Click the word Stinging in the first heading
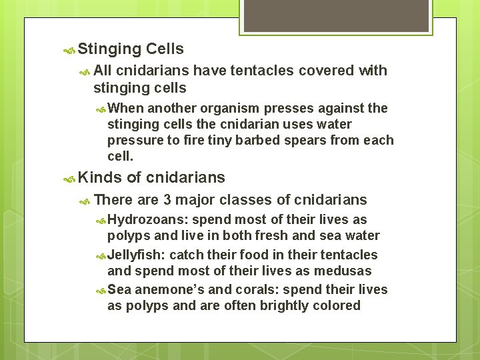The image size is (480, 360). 109,49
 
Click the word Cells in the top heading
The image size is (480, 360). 165,49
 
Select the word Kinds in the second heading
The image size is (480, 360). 99,178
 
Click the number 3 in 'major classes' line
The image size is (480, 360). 168,200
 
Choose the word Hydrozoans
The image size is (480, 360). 146,219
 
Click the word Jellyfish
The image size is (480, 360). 136,255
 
